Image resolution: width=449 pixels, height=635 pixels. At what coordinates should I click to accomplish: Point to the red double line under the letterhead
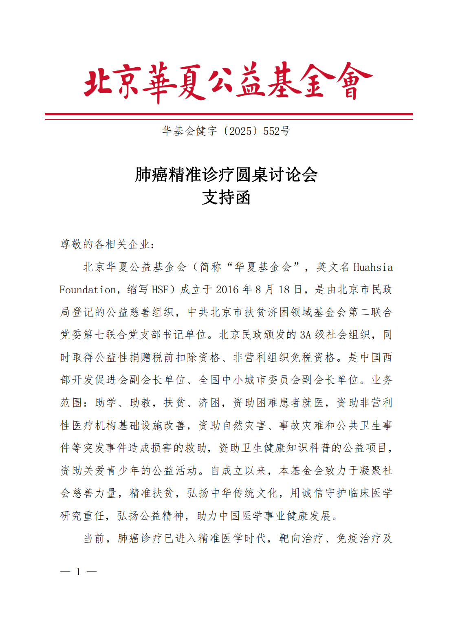[x=229, y=116]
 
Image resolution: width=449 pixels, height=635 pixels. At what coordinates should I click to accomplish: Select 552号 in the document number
[x=277, y=131]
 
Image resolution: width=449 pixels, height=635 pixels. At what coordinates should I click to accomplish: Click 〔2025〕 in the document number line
[x=240, y=131]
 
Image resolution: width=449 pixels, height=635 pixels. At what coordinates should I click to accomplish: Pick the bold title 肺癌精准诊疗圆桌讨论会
[x=226, y=175]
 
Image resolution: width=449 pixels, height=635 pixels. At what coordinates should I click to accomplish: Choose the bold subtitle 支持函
[x=226, y=198]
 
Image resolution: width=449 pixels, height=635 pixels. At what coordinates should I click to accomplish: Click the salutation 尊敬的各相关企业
[x=105, y=244]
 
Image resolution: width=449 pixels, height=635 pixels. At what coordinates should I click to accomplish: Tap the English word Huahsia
[x=373, y=268]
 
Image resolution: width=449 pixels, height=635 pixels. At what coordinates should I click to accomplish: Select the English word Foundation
[x=88, y=290]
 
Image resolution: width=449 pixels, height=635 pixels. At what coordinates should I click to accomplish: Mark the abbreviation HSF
[x=160, y=290]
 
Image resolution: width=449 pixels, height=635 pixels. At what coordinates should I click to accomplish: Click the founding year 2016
[x=227, y=290]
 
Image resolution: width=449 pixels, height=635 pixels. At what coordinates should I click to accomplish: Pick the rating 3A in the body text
[x=306, y=335]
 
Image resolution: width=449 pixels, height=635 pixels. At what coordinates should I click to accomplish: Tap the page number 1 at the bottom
[x=78, y=572]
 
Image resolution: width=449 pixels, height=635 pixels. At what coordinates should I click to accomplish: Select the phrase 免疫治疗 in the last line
[x=358, y=538]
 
